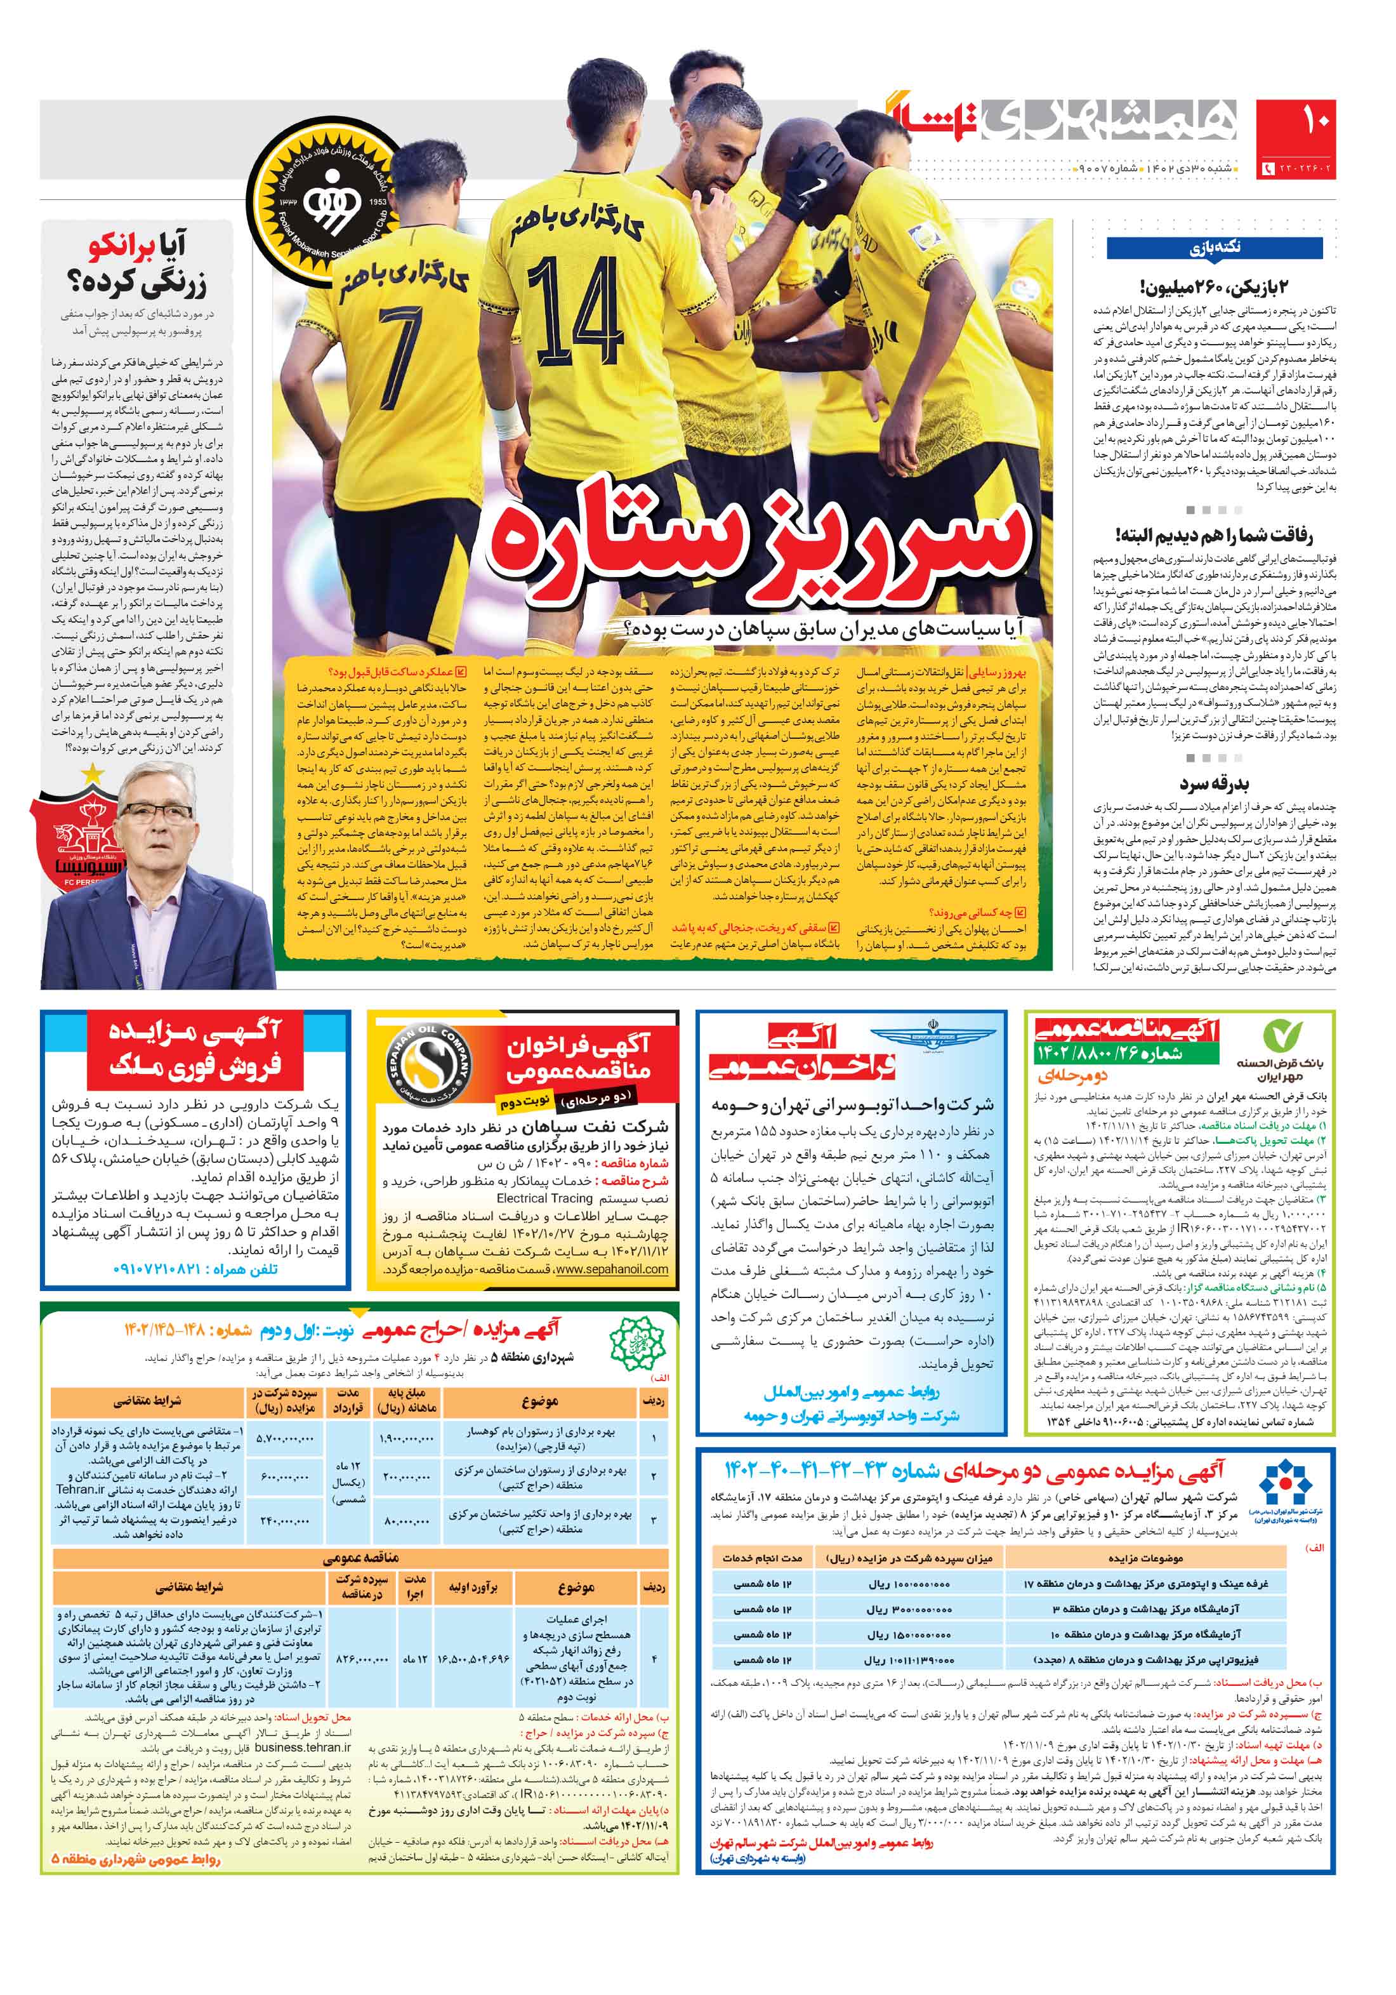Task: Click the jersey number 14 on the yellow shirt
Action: pos(574,318)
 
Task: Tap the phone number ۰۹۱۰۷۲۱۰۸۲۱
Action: pos(166,1269)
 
